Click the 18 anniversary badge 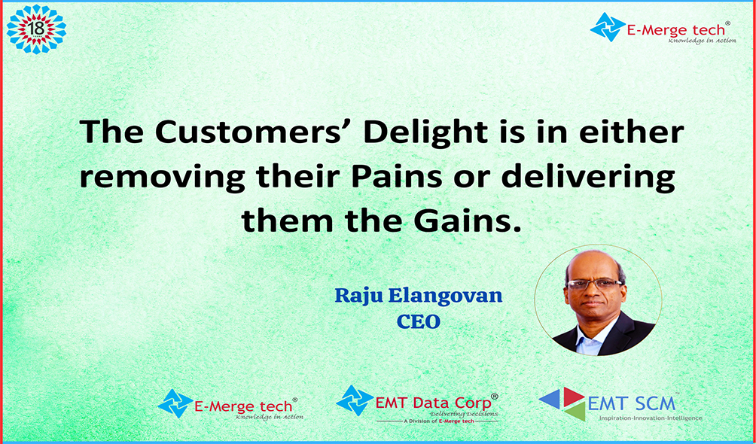pyautogui.click(x=36, y=29)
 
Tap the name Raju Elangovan pyautogui.click(x=419, y=296)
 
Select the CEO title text pyautogui.click(x=419, y=321)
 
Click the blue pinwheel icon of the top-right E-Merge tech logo pyautogui.click(x=608, y=27)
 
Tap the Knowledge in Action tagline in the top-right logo pyautogui.click(x=702, y=41)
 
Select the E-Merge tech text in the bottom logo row pyautogui.click(x=243, y=406)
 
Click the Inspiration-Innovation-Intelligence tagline pyautogui.click(x=651, y=418)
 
